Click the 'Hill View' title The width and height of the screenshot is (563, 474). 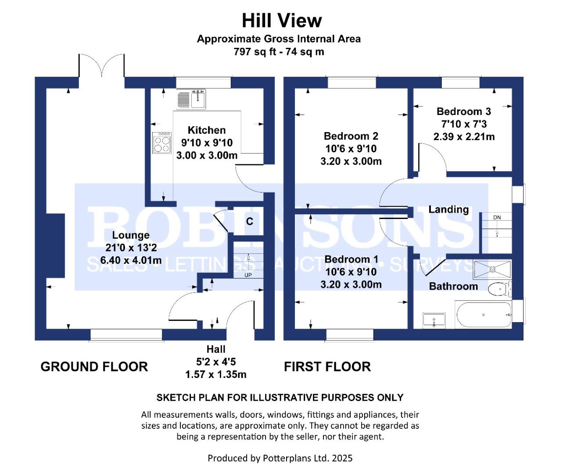coord(282,21)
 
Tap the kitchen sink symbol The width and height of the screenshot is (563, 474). coord(191,100)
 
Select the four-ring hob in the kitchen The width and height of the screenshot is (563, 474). coord(162,143)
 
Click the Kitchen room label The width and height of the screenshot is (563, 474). coord(207,130)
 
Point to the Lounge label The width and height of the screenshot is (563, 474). coord(131,235)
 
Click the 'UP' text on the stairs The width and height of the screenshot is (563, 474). coord(248,275)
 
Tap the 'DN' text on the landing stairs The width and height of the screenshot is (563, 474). coord(497,217)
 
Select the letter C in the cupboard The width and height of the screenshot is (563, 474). coord(250,222)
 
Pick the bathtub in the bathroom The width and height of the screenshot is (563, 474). coord(483,314)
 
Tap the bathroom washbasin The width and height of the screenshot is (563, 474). coord(434,320)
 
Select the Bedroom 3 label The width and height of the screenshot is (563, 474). coord(464,111)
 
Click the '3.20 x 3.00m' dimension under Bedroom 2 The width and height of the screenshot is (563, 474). coord(351,162)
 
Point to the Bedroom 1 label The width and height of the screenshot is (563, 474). coord(351,259)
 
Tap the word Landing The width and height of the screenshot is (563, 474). coord(448,210)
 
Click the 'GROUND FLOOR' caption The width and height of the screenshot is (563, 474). coord(94,366)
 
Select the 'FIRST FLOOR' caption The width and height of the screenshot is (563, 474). coord(327,366)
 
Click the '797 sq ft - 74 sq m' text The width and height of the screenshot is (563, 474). coord(279,51)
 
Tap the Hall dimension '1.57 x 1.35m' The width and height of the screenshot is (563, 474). coord(216,374)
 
